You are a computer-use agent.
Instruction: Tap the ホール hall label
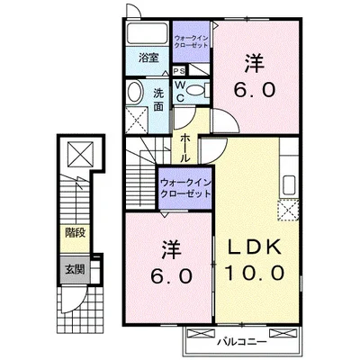(184, 147)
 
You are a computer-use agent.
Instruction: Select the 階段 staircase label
(75, 233)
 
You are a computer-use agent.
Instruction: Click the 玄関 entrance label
(75, 267)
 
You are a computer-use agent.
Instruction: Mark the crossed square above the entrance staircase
(77, 153)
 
